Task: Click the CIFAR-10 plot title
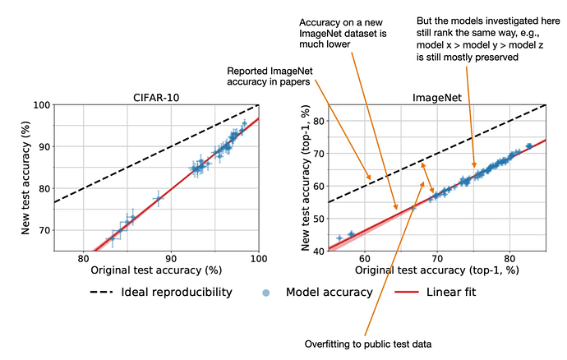(x=156, y=98)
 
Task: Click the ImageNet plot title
(x=437, y=98)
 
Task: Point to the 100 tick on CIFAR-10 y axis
(x=42, y=105)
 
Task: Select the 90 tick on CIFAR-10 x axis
(x=171, y=259)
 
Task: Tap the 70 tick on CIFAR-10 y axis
(x=44, y=230)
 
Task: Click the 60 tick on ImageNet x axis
(x=365, y=259)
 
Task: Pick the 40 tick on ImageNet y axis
(x=319, y=251)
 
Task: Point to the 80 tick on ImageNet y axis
(x=319, y=121)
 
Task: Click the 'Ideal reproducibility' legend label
(x=177, y=292)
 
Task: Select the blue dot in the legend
(x=265, y=293)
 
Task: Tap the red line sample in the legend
(x=407, y=292)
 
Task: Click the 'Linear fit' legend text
(x=451, y=292)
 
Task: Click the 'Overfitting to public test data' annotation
(x=368, y=344)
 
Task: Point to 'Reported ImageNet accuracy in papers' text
(x=270, y=76)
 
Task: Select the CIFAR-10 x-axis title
(x=156, y=270)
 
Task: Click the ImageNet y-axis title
(x=306, y=178)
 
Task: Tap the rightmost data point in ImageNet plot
(x=529, y=146)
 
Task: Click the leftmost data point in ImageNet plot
(x=339, y=238)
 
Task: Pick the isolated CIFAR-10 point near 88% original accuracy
(x=158, y=198)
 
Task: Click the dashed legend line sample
(x=101, y=292)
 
